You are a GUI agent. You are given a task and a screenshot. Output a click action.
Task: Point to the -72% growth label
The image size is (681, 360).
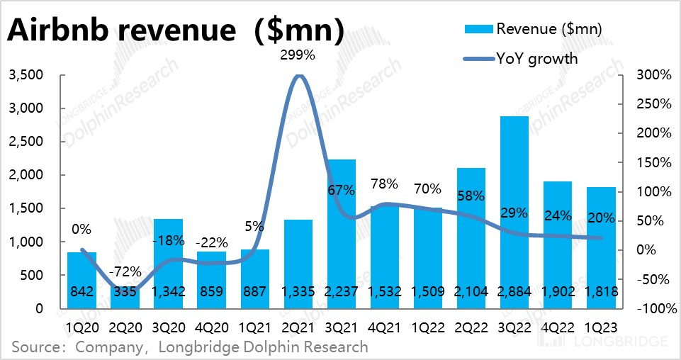125,271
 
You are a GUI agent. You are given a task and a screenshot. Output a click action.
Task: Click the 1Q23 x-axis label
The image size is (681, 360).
600,328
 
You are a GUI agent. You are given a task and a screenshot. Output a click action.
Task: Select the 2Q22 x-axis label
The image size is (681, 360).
471,328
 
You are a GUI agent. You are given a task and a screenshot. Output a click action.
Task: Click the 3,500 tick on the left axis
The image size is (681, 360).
26,75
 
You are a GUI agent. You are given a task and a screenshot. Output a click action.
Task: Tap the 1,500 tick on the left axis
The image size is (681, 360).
26,208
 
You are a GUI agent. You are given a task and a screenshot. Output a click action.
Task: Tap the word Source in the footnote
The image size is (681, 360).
33,347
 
